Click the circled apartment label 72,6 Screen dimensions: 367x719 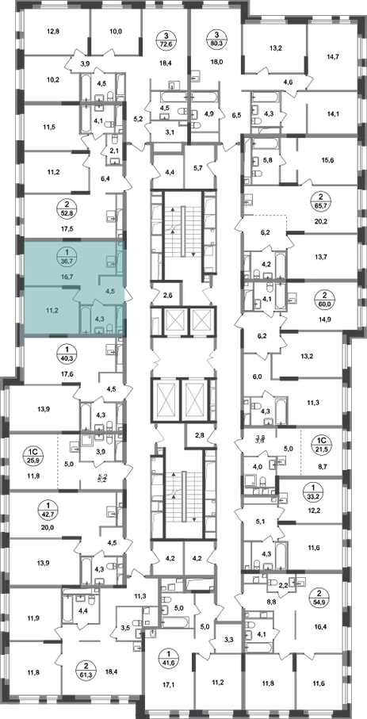(x=166, y=39)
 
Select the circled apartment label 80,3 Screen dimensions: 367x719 (x=215, y=39)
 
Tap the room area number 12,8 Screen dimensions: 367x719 (x=54, y=32)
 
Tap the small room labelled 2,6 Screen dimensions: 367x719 (x=166, y=293)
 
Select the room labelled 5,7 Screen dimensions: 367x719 (x=199, y=168)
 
